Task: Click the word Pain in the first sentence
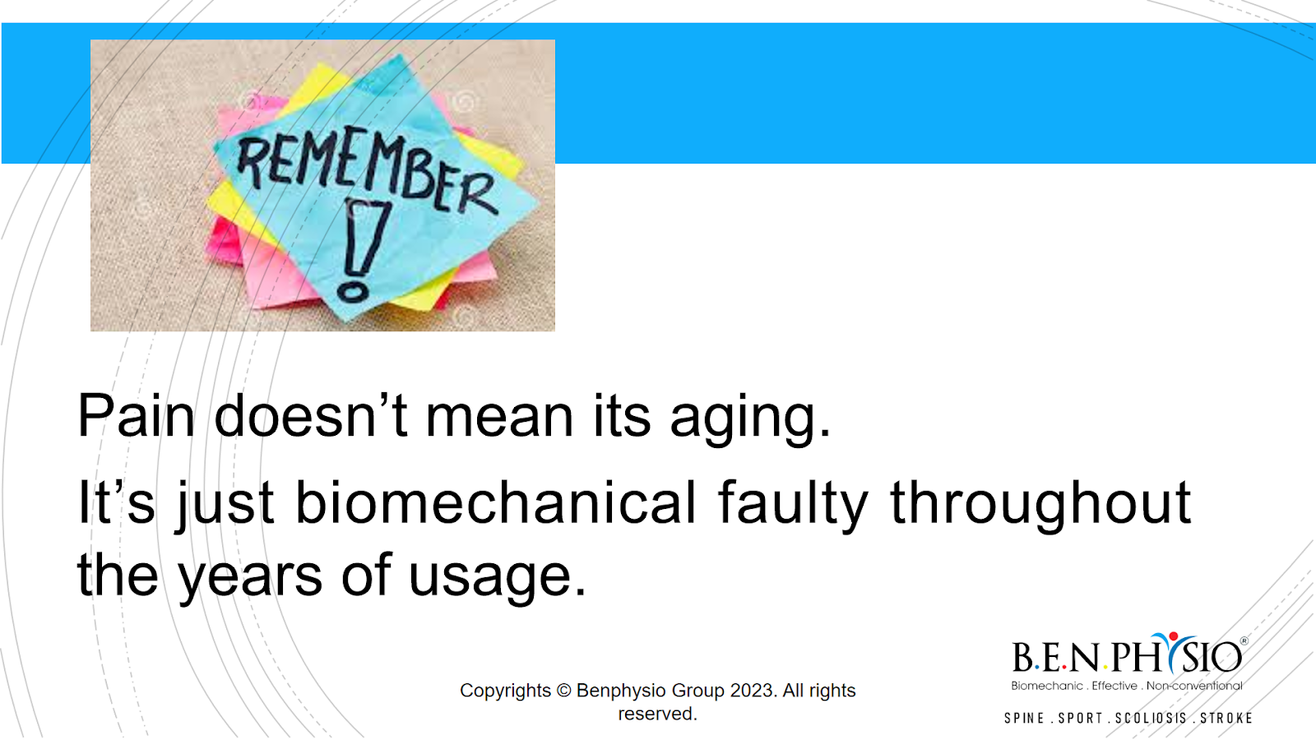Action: tap(136, 416)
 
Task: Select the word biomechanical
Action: tap(495, 502)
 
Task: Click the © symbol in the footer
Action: tap(563, 691)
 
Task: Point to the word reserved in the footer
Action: tap(657, 714)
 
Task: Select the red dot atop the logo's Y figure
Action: tap(1173, 636)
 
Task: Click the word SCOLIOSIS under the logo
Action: tap(1151, 719)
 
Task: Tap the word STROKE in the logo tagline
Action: tap(1226, 719)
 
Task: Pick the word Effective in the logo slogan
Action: tap(1114, 686)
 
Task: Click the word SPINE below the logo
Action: tap(1024, 719)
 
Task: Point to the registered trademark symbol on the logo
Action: tap(1244, 641)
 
